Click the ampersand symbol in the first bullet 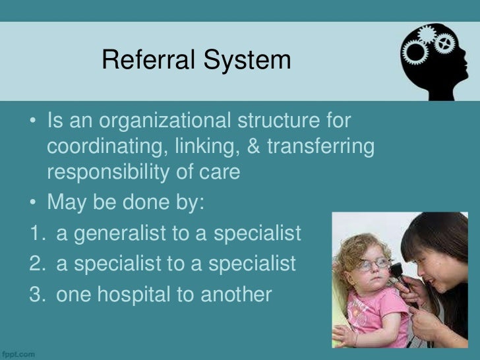253,146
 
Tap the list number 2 36,264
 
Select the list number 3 36,295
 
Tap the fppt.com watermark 18,354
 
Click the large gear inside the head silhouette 416,51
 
